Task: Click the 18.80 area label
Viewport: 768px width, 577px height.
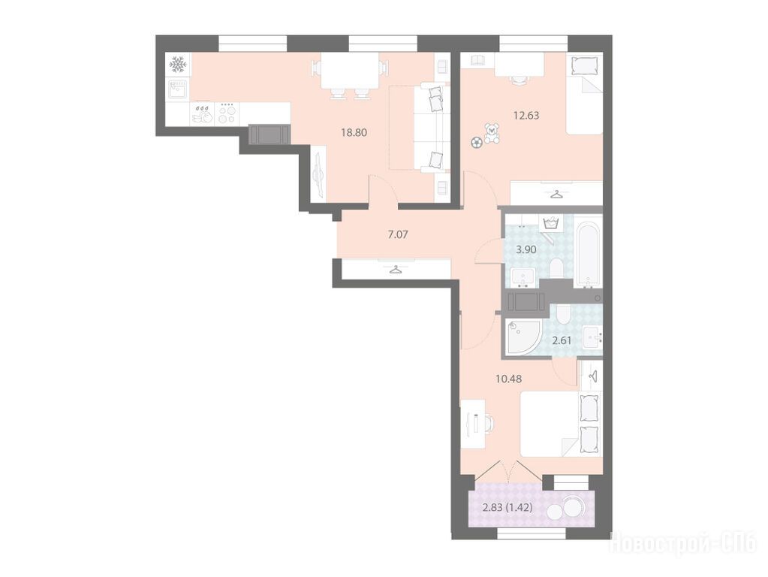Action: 354,132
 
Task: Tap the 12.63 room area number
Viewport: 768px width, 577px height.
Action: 526,116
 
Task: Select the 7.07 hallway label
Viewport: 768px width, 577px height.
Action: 398,235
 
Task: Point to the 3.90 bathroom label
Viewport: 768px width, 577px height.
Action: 526,249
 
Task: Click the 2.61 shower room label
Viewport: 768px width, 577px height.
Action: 562,340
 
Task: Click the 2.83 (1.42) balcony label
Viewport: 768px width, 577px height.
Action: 507,508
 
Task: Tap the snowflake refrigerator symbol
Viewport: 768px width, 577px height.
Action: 178,64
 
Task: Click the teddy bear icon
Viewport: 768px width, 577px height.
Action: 492,134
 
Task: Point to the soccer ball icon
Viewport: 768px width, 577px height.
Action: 475,143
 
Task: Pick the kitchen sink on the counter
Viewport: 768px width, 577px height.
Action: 178,89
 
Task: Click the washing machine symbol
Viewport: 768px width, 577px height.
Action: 552,225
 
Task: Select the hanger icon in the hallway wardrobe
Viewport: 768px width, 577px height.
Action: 396,269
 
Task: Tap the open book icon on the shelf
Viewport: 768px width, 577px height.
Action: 477,60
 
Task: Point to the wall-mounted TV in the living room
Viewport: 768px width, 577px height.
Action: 318,175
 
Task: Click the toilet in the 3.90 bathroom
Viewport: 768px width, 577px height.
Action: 556,269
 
